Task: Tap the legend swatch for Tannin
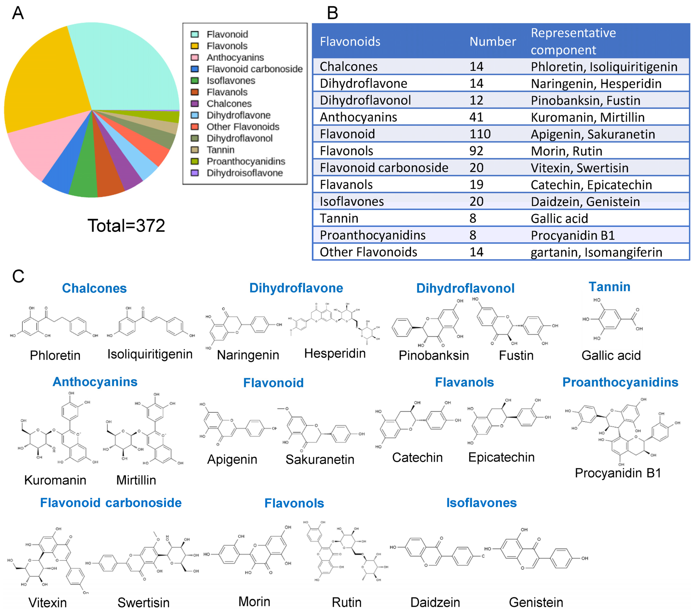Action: [x=195, y=150]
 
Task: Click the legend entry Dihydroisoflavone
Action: [x=244, y=173]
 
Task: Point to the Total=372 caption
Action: [x=126, y=226]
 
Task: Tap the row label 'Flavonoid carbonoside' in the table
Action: [x=384, y=168]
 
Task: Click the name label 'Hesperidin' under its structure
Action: [x=335, y=353]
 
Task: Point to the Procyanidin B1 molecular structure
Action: [x=621, y=431]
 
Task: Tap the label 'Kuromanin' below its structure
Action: [x=55, y=480]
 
